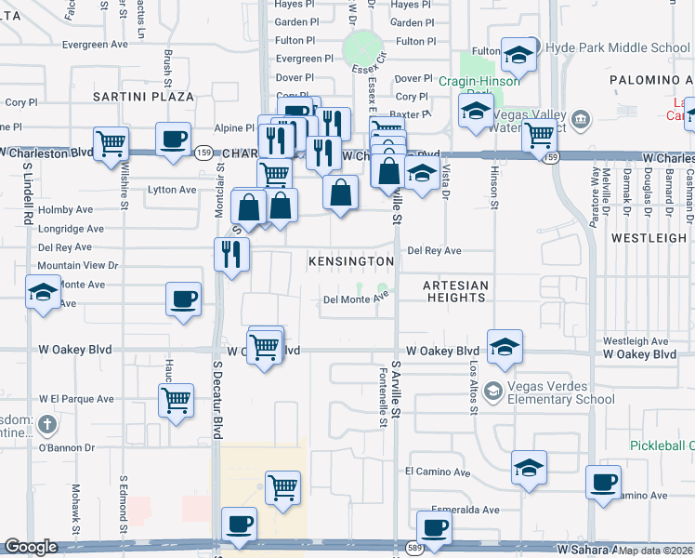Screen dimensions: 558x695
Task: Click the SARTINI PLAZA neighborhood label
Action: coord(143,97)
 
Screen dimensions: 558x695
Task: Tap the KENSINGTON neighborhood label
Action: coord(351,262)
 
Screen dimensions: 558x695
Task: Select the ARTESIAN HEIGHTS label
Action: coord(455,291)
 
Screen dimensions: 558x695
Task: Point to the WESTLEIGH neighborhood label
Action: coord(649,238)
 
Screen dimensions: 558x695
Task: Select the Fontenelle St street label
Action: coord(383,395)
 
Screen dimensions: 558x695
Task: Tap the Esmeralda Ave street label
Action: coord(470,510)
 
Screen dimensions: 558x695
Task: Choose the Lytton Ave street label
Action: coord(173,190)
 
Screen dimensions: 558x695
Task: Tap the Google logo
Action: coord(31,547)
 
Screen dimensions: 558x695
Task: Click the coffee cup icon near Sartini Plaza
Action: coord(173,139)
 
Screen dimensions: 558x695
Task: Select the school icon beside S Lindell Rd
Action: coord(42,293)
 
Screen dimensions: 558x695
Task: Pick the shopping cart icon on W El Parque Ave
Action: coord(176,401)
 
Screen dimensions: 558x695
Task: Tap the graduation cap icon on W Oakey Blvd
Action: coord(505,347)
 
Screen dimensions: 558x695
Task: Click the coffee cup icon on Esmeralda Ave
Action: coord(434,527)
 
